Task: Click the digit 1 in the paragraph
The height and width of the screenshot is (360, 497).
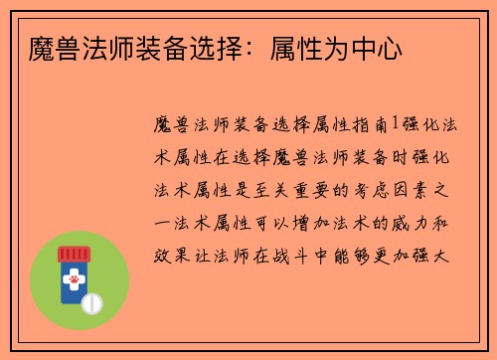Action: point(395,124)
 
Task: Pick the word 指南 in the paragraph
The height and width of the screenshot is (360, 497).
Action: point(370,124)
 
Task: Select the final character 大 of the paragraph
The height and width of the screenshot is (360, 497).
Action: point(446,256)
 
